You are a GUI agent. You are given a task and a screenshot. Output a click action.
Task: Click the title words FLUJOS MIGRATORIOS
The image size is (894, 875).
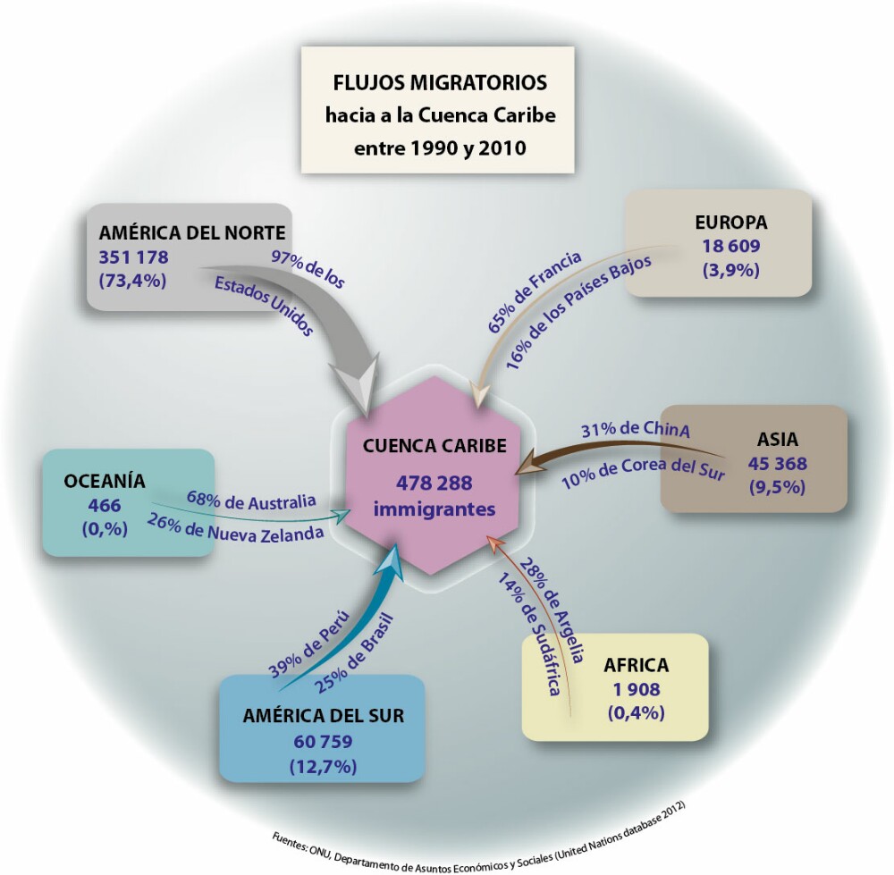coord(438,83)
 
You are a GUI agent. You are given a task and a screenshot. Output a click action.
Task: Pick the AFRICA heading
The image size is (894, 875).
coord(636,666)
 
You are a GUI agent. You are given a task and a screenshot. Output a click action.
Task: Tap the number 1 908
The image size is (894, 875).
coord(636,689)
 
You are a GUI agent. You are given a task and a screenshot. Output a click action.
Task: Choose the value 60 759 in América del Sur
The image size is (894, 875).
coord(323,741)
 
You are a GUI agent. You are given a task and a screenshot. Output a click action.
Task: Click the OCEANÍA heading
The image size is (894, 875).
coord(105,482)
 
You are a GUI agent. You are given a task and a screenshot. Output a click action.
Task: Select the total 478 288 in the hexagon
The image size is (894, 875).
coord(435,484)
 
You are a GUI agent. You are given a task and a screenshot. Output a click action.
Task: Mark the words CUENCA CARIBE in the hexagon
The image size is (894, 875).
coord(435,445)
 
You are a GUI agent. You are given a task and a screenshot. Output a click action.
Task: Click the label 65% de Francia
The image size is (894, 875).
coord(535,291)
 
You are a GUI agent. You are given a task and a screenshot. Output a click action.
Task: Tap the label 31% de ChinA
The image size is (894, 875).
coord(635,428)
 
